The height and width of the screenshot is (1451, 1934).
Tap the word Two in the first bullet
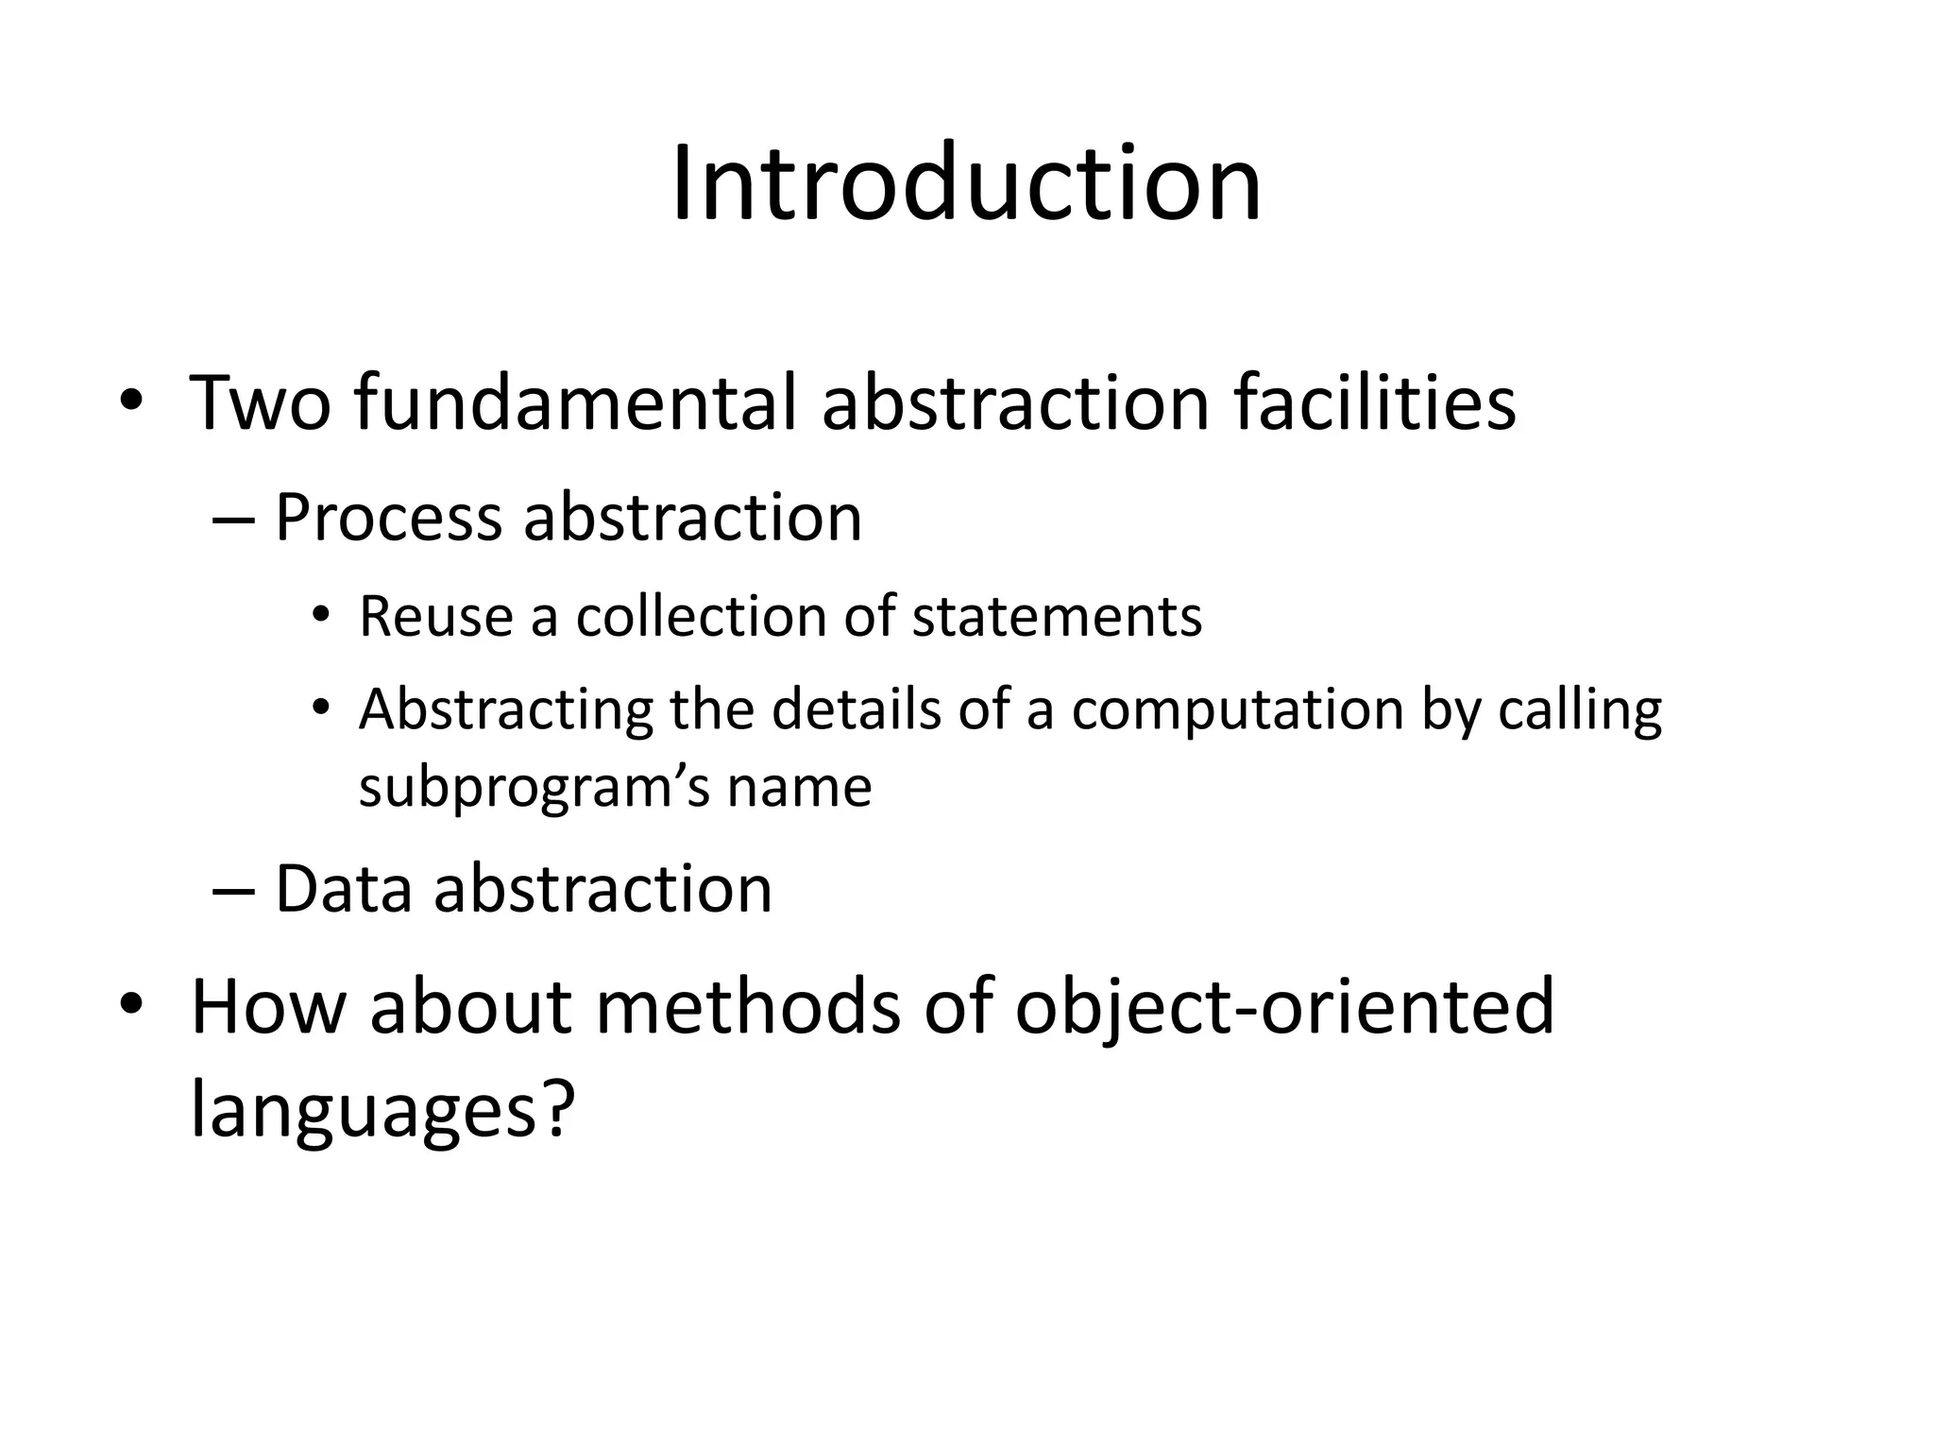[261, 403]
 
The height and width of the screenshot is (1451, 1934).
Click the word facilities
[1374, 403]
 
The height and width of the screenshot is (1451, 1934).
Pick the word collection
[701, 617]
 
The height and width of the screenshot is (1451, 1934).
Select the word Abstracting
[506, 710]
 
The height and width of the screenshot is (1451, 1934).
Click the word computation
[1237, 710]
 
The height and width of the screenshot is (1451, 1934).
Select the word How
[268, 1008]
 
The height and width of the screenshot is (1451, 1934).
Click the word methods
[748, 1008]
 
